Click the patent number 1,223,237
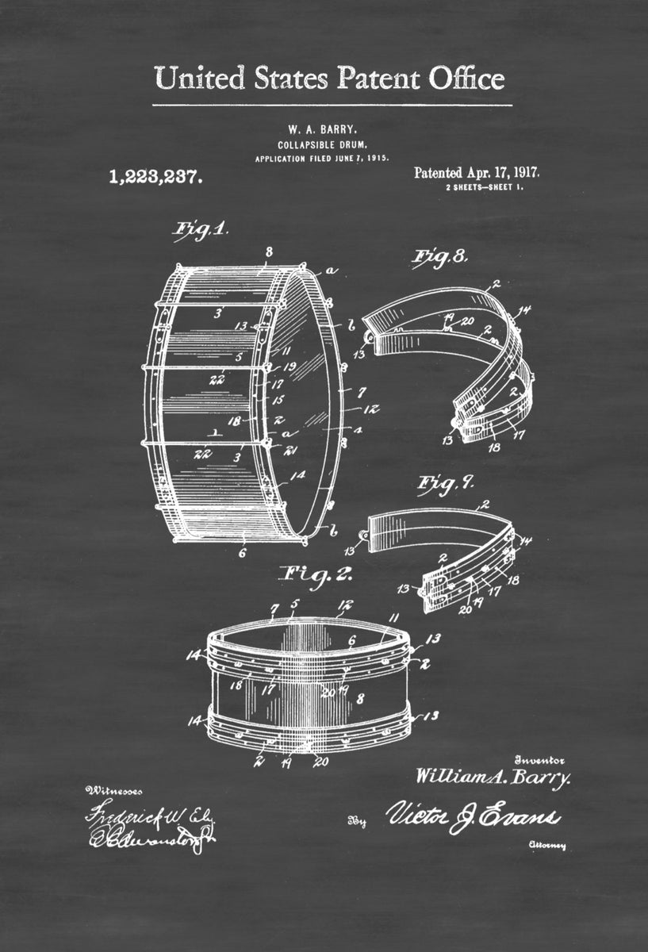coord(155,177)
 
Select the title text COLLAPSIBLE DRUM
coord(321,144)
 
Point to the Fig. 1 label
coord(201,230)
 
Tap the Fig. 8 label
coord(439,256)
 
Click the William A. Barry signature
coord(493,777)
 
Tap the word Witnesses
coord(115,790)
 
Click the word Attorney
coord(547,846)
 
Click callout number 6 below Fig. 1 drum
coord(243,555)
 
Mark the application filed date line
coord(321,159)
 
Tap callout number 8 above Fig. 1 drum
coord(269,252)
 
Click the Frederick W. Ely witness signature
coord(140,815)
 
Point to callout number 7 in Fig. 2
coord(274,608)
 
